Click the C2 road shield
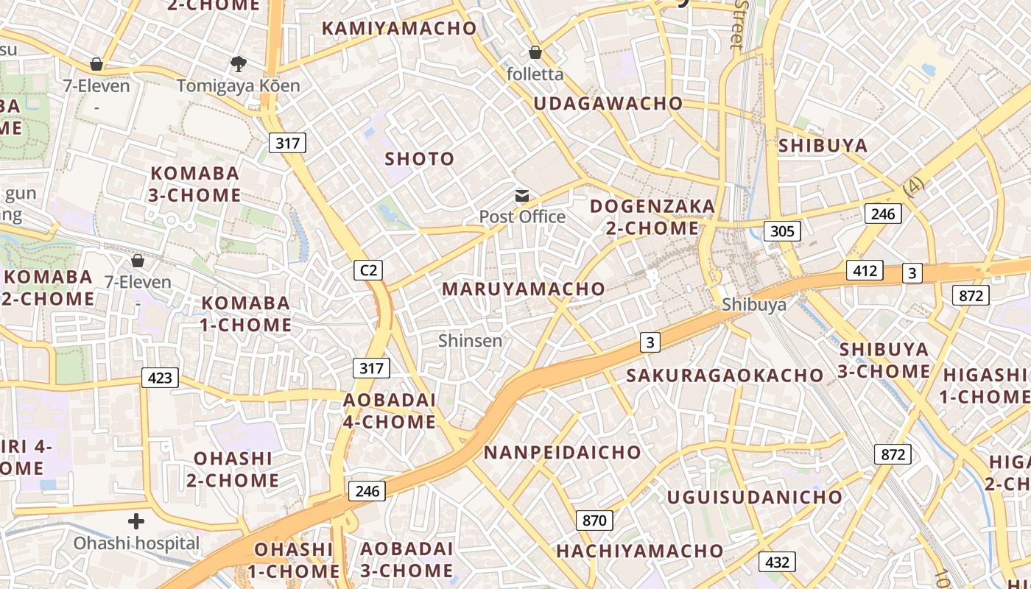coord(368,270)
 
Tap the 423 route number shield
coord(160,378)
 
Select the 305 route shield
coord(781,231)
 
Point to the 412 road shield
coord(865,270)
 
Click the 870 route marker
coord(594,521)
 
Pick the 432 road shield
coord(777,562)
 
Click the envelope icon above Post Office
coord(522,196)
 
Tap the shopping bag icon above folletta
coord(535,52)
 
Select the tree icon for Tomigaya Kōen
coord(238,64)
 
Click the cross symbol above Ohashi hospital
coord(136,521)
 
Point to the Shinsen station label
coord(470,340)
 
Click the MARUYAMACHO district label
coord(523,289)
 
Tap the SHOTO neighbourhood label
coord(420,158)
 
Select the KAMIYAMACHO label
coord(400,28)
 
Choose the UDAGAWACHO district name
coord(608,103)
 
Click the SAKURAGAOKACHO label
coord(725,375)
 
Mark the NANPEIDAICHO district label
coord(562,452)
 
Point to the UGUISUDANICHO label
coord(754,497)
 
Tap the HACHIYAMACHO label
coord(640,551)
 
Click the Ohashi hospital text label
coord(136,543)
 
